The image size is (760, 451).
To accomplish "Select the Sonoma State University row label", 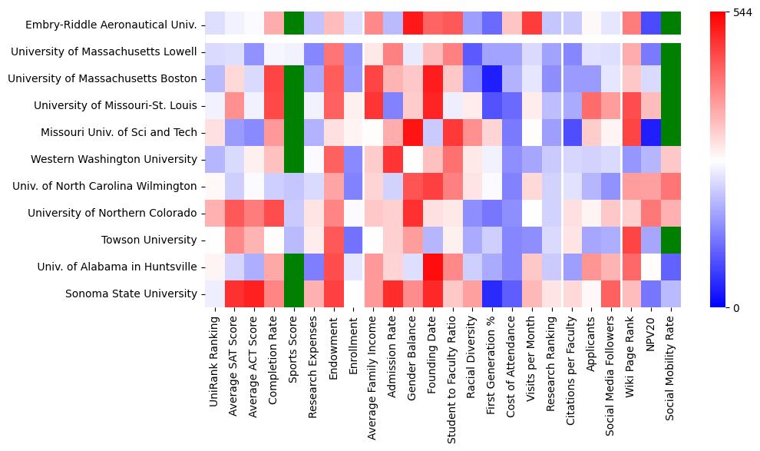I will pos(131,293).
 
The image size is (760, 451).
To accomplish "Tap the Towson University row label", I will pos(149,240).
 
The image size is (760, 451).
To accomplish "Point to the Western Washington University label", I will pos(114,159).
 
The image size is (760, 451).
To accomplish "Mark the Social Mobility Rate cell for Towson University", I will pos(670,240).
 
